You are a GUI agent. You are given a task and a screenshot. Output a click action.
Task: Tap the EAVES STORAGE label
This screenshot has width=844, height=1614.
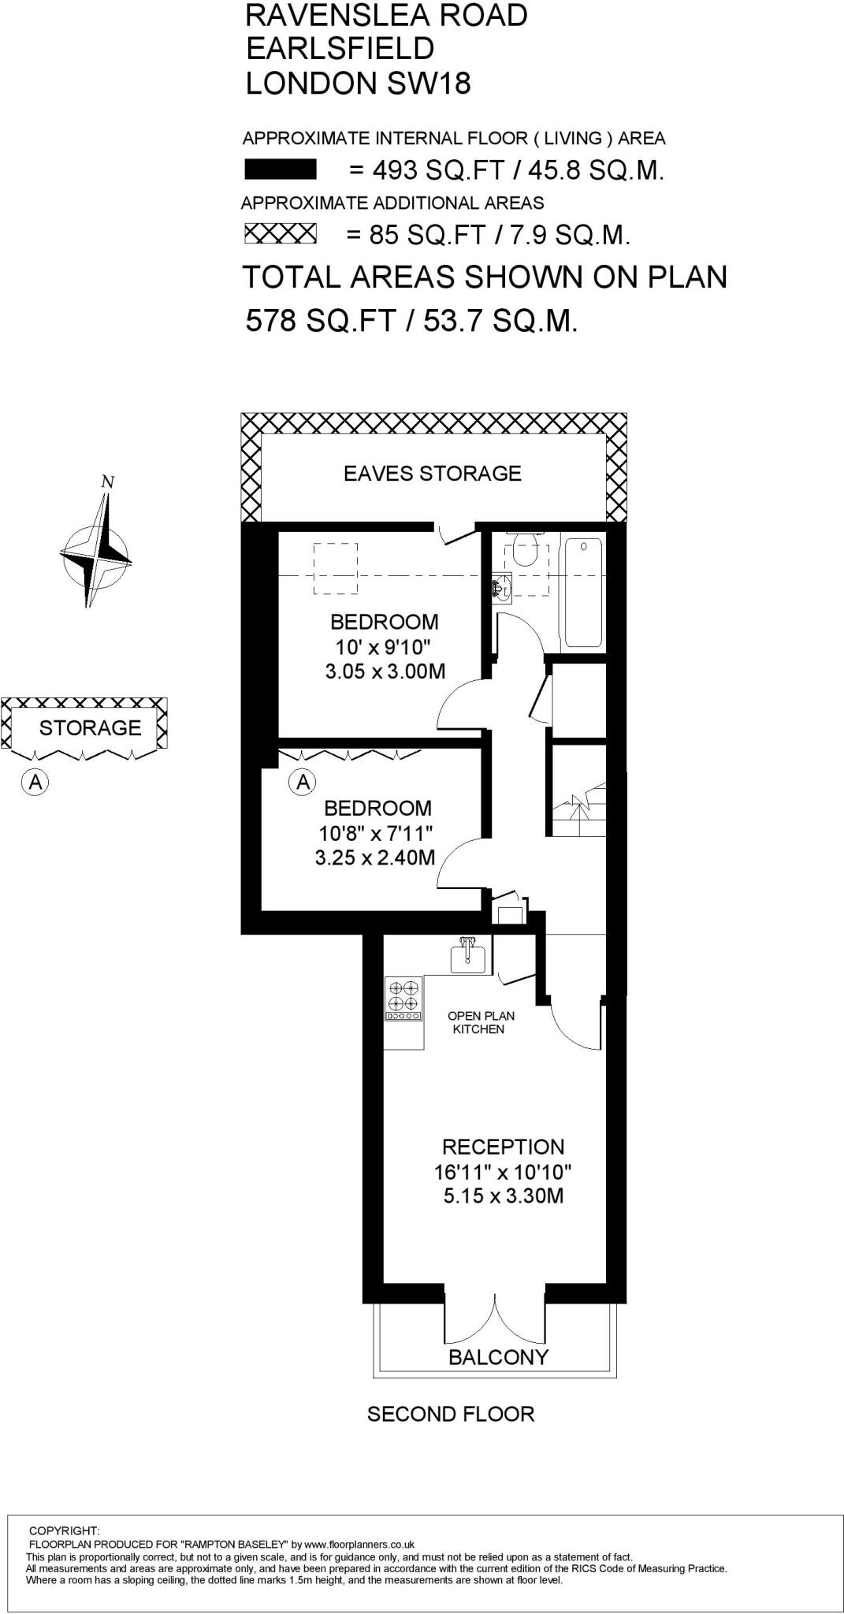[x=432, y=473]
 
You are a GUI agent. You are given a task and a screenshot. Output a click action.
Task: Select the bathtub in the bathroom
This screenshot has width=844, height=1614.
[x=584, y=591]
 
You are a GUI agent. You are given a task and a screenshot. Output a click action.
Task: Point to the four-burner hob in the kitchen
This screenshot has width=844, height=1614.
[x=403, y=998]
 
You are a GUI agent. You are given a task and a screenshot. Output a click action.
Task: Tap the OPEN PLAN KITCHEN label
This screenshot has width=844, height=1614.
[x=480, y=1022]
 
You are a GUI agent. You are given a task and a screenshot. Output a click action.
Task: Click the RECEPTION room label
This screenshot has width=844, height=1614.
[x=503, y=1147]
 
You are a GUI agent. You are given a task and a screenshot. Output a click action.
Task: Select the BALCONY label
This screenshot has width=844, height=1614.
[x=498, y=1356]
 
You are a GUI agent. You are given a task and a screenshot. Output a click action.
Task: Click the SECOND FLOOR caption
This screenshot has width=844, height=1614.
[x=451, y=1414]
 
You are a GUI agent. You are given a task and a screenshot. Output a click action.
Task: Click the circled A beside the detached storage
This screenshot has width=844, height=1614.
[x=35, y=783]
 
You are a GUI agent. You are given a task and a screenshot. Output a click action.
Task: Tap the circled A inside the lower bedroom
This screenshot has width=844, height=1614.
[x=303, y=783]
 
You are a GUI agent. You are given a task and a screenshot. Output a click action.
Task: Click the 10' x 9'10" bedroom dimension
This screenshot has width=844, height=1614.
[x=384, y=647]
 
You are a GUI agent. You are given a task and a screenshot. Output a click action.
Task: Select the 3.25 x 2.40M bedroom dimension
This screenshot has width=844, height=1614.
[x=375, y=857]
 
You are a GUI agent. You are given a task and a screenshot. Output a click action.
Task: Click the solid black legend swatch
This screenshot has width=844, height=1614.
[x=281, y=169]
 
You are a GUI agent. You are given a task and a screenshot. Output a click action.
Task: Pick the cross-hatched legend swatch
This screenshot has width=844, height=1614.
[x=280, y=234]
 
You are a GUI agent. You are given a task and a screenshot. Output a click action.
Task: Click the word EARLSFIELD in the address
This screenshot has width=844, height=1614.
[x=340, y=49]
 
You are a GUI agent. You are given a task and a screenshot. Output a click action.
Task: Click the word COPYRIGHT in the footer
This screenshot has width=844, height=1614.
[x=63, y=1530]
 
